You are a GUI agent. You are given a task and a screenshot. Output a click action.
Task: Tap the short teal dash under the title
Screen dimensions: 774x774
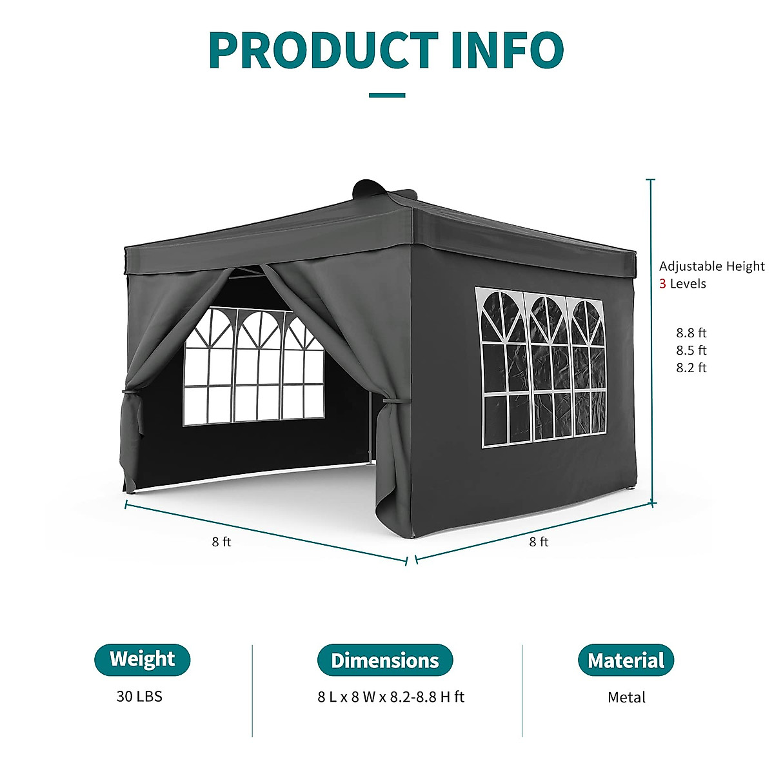387,95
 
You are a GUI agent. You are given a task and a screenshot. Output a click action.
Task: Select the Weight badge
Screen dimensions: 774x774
143,659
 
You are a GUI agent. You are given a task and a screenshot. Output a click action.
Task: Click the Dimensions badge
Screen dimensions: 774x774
385,660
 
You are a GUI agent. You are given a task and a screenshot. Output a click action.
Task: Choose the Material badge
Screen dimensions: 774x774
626,660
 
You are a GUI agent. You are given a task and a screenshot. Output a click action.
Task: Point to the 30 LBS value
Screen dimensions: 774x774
139,697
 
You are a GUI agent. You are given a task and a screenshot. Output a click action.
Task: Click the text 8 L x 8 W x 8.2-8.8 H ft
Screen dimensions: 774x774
391,697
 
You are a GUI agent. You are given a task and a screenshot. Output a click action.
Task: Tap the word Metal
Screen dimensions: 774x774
626,697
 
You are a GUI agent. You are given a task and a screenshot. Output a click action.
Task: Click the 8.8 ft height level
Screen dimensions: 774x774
691,333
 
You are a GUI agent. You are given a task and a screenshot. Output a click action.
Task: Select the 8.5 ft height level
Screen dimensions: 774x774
691,351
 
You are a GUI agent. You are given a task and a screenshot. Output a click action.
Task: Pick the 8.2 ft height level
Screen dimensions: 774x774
691,368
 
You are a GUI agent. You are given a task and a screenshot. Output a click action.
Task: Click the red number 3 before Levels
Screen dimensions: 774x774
662,284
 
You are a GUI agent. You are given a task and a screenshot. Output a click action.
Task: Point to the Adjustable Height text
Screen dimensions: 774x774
711,266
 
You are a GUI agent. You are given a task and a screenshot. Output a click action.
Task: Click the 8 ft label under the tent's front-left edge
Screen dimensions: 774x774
221,542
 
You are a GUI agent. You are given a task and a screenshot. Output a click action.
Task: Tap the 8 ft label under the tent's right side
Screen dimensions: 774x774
539,542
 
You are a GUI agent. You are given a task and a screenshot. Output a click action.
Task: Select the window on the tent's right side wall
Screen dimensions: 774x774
541,368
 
